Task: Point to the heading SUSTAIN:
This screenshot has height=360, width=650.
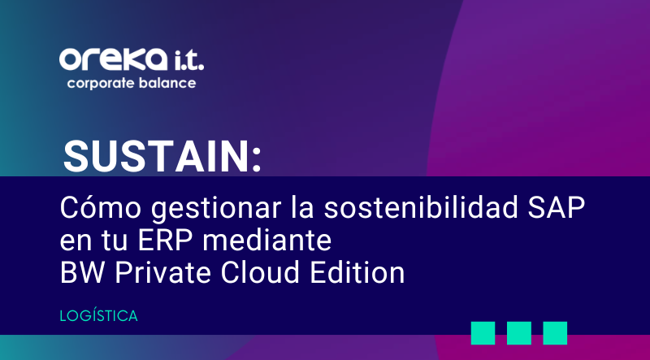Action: point(162,154)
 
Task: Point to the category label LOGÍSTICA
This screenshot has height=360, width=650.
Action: point(99,315)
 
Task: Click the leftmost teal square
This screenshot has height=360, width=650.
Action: point(483,332)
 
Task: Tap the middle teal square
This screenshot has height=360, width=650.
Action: point(519,332)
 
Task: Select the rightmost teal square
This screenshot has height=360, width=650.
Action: point(555,332)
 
